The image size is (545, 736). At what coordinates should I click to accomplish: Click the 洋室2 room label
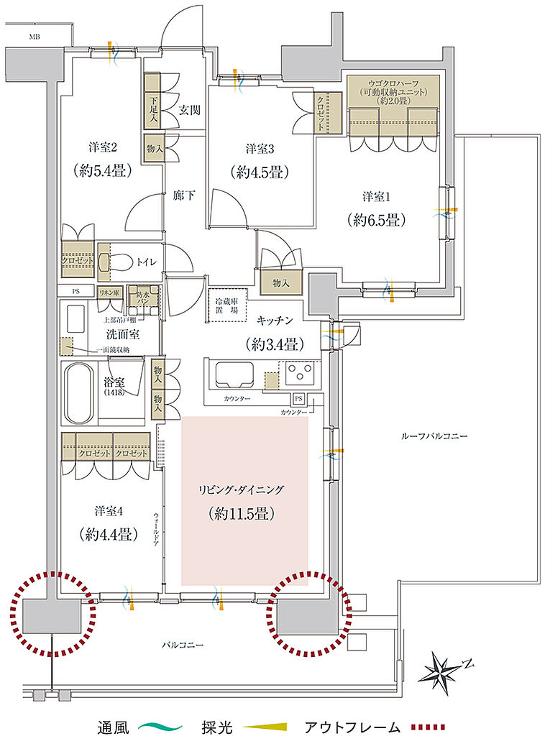tap(102, 148)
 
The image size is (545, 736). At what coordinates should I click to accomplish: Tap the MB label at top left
tap(35, 36)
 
